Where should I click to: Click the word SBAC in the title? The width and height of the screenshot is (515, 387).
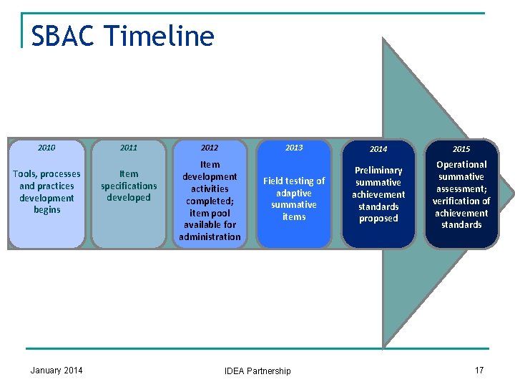(62, 36)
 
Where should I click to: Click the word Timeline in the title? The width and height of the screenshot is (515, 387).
(159, 36)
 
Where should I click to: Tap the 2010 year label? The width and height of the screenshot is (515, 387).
(46, 148)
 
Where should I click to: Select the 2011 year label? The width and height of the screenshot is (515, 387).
(129, 148)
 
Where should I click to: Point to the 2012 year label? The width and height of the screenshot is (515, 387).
(210, 148)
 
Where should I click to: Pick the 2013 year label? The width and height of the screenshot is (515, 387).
(294, 148)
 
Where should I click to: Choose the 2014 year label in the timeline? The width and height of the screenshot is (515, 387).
(378, 149)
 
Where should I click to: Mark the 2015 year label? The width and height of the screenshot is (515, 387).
(461, 149)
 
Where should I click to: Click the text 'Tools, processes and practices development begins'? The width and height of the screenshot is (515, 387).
(46, 191)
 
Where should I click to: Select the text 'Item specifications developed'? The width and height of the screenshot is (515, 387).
(129, 186)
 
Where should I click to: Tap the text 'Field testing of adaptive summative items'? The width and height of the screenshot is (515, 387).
(294, 199)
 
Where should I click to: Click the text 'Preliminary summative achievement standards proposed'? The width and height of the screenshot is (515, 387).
(378, 194)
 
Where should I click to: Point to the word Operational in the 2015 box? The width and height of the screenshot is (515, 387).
(461, 165)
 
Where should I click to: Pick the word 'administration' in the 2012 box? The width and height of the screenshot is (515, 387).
(210, 236)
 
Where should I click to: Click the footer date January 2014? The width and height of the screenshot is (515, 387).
(57, 370)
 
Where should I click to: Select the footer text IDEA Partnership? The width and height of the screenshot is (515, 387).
(257, 371)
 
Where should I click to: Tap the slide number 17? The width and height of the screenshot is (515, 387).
(479, 370)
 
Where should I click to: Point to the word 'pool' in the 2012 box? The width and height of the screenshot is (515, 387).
(217, 212)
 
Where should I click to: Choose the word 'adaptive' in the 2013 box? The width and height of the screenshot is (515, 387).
(294, 193)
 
